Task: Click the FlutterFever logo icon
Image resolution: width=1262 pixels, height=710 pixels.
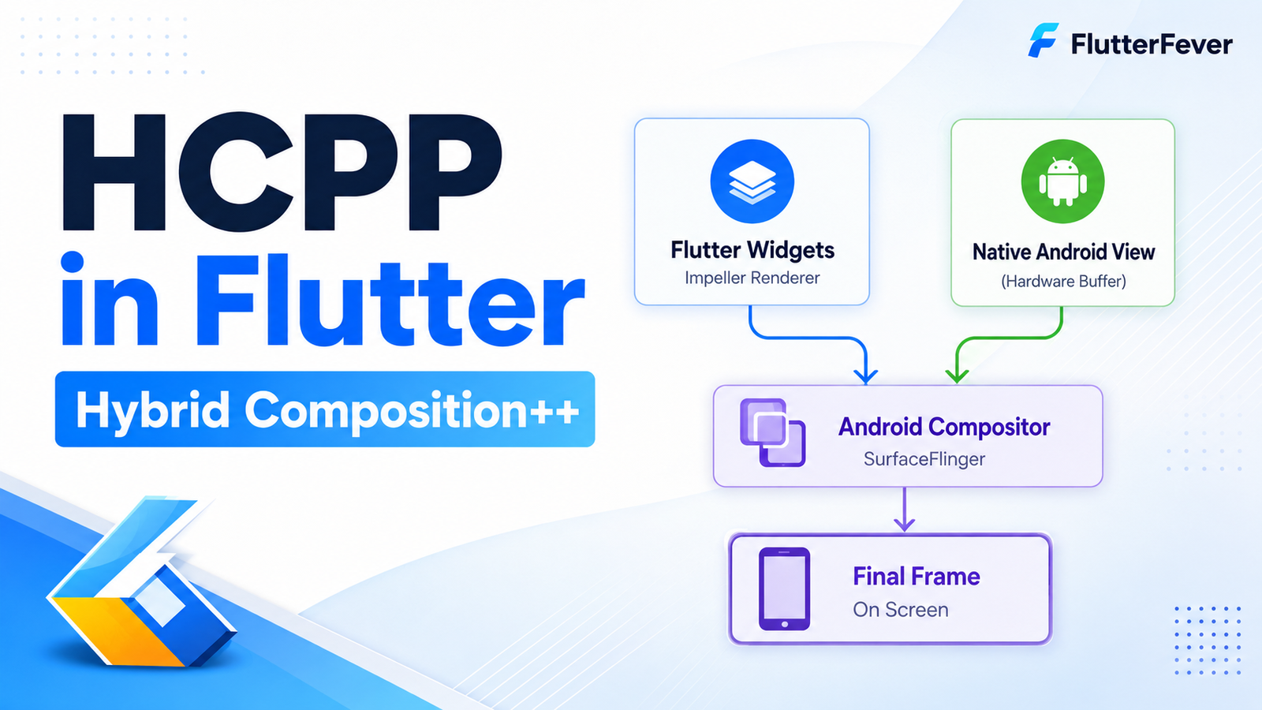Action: [x=1044, y=40]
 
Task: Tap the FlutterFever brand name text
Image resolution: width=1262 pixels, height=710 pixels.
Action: [x=1152, y=44]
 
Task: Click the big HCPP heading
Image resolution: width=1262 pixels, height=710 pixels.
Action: [x=282, y=172]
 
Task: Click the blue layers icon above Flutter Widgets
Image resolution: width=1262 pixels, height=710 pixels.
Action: [x=752, y=181]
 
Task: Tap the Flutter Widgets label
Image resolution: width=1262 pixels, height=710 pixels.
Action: [x=752, y=250]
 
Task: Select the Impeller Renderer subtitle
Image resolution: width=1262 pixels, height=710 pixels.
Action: [x=752, y=278]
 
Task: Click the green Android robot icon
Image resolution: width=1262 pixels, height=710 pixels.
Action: [x=1062, y=181]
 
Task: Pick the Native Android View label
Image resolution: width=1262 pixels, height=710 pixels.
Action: [x=1064, y=252]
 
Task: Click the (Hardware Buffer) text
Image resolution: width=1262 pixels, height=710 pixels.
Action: [x=1064, y=281]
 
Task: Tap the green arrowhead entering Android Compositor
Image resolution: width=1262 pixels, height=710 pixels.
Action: [x=957, y=376]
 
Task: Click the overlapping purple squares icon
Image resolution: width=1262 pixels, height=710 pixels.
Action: [x=772, y=433]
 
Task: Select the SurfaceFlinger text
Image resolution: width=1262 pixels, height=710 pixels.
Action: [x=924, y=459]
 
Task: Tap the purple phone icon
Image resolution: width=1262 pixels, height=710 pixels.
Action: [x=784, y=589]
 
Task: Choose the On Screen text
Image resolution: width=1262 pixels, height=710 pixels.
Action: [x=900, y=610]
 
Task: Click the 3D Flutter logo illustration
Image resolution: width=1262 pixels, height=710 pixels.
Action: [x=141, y=581]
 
